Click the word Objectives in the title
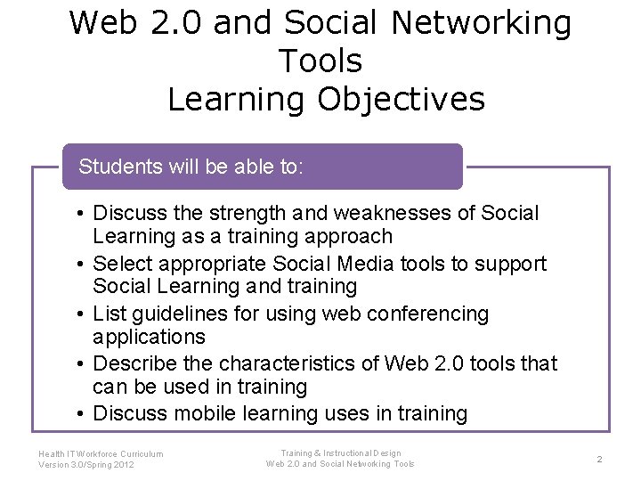(402, 99)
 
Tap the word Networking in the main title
(476, 23)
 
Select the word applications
(149, 337)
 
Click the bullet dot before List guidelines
(80, 314)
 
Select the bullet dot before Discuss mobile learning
(80, 414)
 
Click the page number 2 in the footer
(599, 459)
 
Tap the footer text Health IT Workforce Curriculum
(101, 453)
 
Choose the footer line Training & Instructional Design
(339, 452)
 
